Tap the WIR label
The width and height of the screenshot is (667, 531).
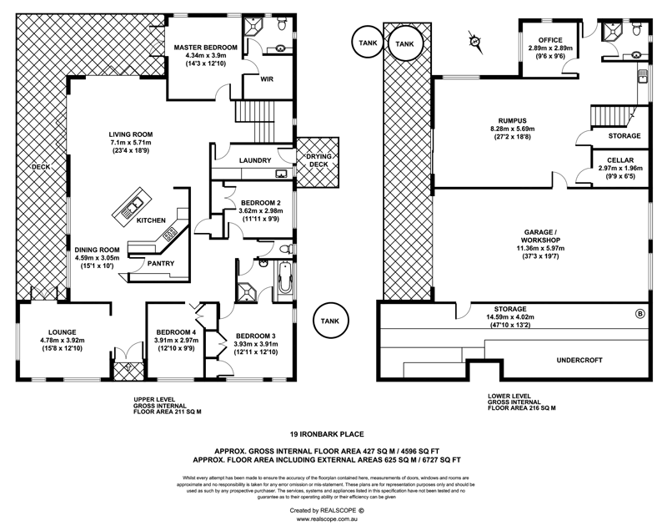pos(267,81)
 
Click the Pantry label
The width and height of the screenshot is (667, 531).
pos(160,264)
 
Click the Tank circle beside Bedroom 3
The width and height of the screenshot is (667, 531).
pos(328,321)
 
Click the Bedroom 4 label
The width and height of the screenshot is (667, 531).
pos(174,331)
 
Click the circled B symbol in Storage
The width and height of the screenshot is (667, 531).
pos(639,315)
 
